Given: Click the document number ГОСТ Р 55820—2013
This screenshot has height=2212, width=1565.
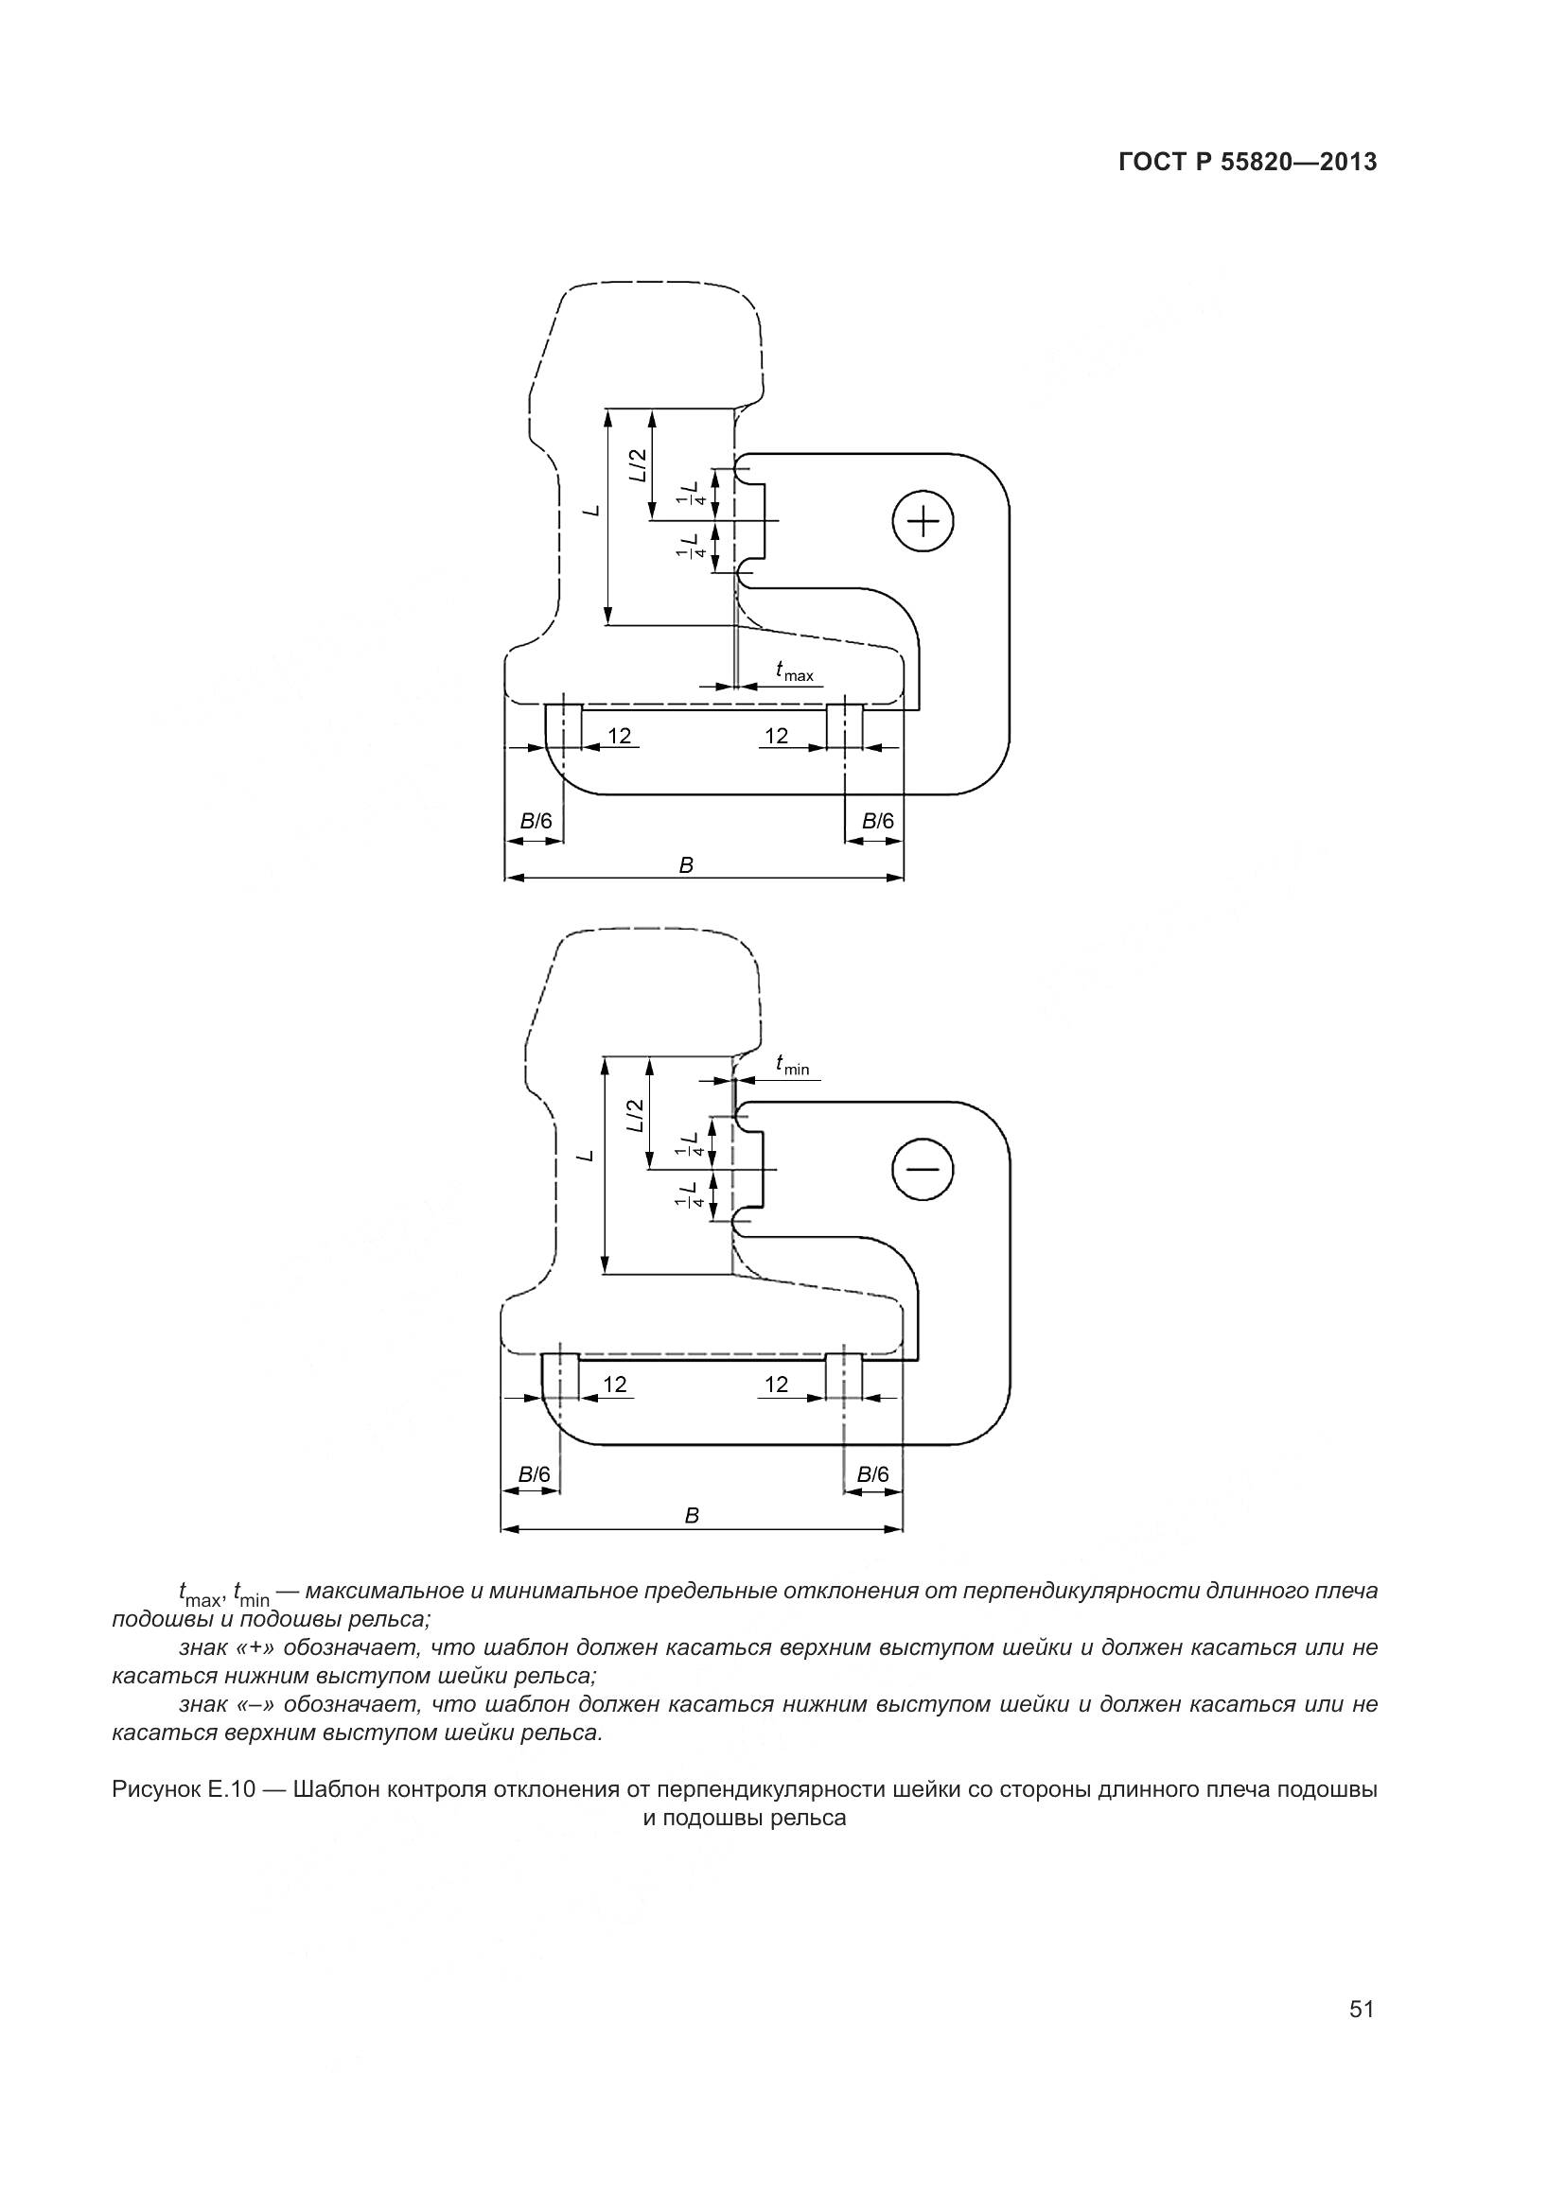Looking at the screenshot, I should [1247, 162].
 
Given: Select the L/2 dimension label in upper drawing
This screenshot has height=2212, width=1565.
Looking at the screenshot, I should [638, 466].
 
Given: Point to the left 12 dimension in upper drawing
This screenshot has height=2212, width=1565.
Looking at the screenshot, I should [619, 736].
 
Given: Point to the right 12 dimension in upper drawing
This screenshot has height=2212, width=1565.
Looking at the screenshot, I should [776, 736].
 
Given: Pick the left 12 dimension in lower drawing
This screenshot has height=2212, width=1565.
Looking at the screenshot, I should [615, 1385].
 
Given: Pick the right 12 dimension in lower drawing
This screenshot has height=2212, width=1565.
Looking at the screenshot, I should [776, 1385].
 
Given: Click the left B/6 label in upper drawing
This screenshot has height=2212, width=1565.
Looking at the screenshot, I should [536, 822].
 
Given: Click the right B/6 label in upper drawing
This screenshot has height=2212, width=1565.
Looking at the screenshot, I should [877, 821].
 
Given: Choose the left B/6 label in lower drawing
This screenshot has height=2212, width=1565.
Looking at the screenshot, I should [534, 1474].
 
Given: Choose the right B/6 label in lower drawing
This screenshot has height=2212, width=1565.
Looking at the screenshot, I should [873, 1474].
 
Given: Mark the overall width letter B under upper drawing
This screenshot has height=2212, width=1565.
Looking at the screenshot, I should [686, 865].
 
